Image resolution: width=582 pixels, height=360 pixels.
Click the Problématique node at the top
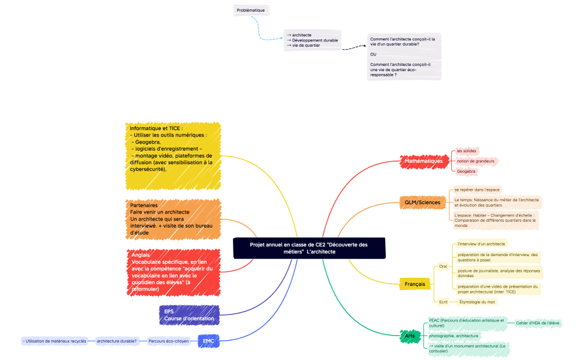(x=251, y=10)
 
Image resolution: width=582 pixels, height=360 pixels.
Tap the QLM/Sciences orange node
(x=423, y=202)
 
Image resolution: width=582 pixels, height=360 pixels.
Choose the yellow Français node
(x=414, y=284)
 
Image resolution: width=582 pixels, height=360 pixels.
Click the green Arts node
(x=410, y=336)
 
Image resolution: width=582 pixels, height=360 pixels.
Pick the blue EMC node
(x=208, y=341)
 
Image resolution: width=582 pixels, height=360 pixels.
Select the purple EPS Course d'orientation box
(x=189, y=314)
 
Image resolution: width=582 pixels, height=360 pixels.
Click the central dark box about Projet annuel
(x=309, y=248)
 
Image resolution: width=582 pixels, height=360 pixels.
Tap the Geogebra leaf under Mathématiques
(x=466, y=172)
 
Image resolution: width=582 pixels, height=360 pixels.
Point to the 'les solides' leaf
(x=466, y=151)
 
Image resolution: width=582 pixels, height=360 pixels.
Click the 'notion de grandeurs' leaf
(x=475, y=161)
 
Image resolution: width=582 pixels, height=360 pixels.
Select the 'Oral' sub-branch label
(x=442, y=266)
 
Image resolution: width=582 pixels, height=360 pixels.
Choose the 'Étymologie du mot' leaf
(x=477, y=302)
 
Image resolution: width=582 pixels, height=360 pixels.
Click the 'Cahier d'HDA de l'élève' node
(x=538, y=323)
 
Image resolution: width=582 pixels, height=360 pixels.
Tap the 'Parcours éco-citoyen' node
(x=169, y=341)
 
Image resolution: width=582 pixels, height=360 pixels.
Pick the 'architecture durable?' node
(x=117, y=341)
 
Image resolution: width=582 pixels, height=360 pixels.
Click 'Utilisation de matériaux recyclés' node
(x=54, y=341)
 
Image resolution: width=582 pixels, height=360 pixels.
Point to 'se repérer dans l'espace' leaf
(x=476, y=190)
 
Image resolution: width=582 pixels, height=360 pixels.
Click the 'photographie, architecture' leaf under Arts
(x=454, y=335)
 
